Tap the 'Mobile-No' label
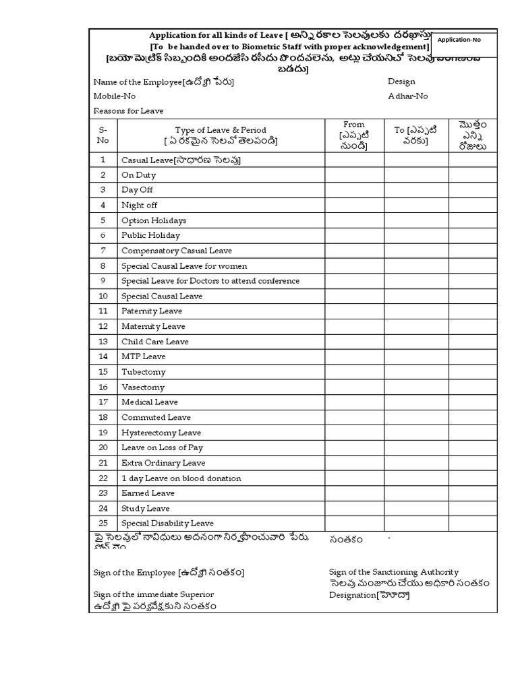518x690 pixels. tap(114, 96)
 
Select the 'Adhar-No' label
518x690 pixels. tap(407, 96)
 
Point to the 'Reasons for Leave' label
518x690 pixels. tap(128, 111)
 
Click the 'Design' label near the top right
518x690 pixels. tap(401, 82)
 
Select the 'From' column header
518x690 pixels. tap(354, 135)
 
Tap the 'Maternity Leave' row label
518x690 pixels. tap(153, 326)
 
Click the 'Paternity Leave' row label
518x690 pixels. tap(152, 311)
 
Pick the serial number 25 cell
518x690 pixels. tap(103, 523)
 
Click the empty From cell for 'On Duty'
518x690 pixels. tap(354, 175)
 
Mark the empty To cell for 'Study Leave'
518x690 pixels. tap(416, 508)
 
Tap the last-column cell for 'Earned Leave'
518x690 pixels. tap(473, 493)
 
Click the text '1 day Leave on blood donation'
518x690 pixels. tap(181, 478)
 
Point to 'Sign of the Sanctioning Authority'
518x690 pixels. tap(394, 571)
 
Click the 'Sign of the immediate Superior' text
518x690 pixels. tap(153, 594)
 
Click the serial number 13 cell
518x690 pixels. tap(103, 342)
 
